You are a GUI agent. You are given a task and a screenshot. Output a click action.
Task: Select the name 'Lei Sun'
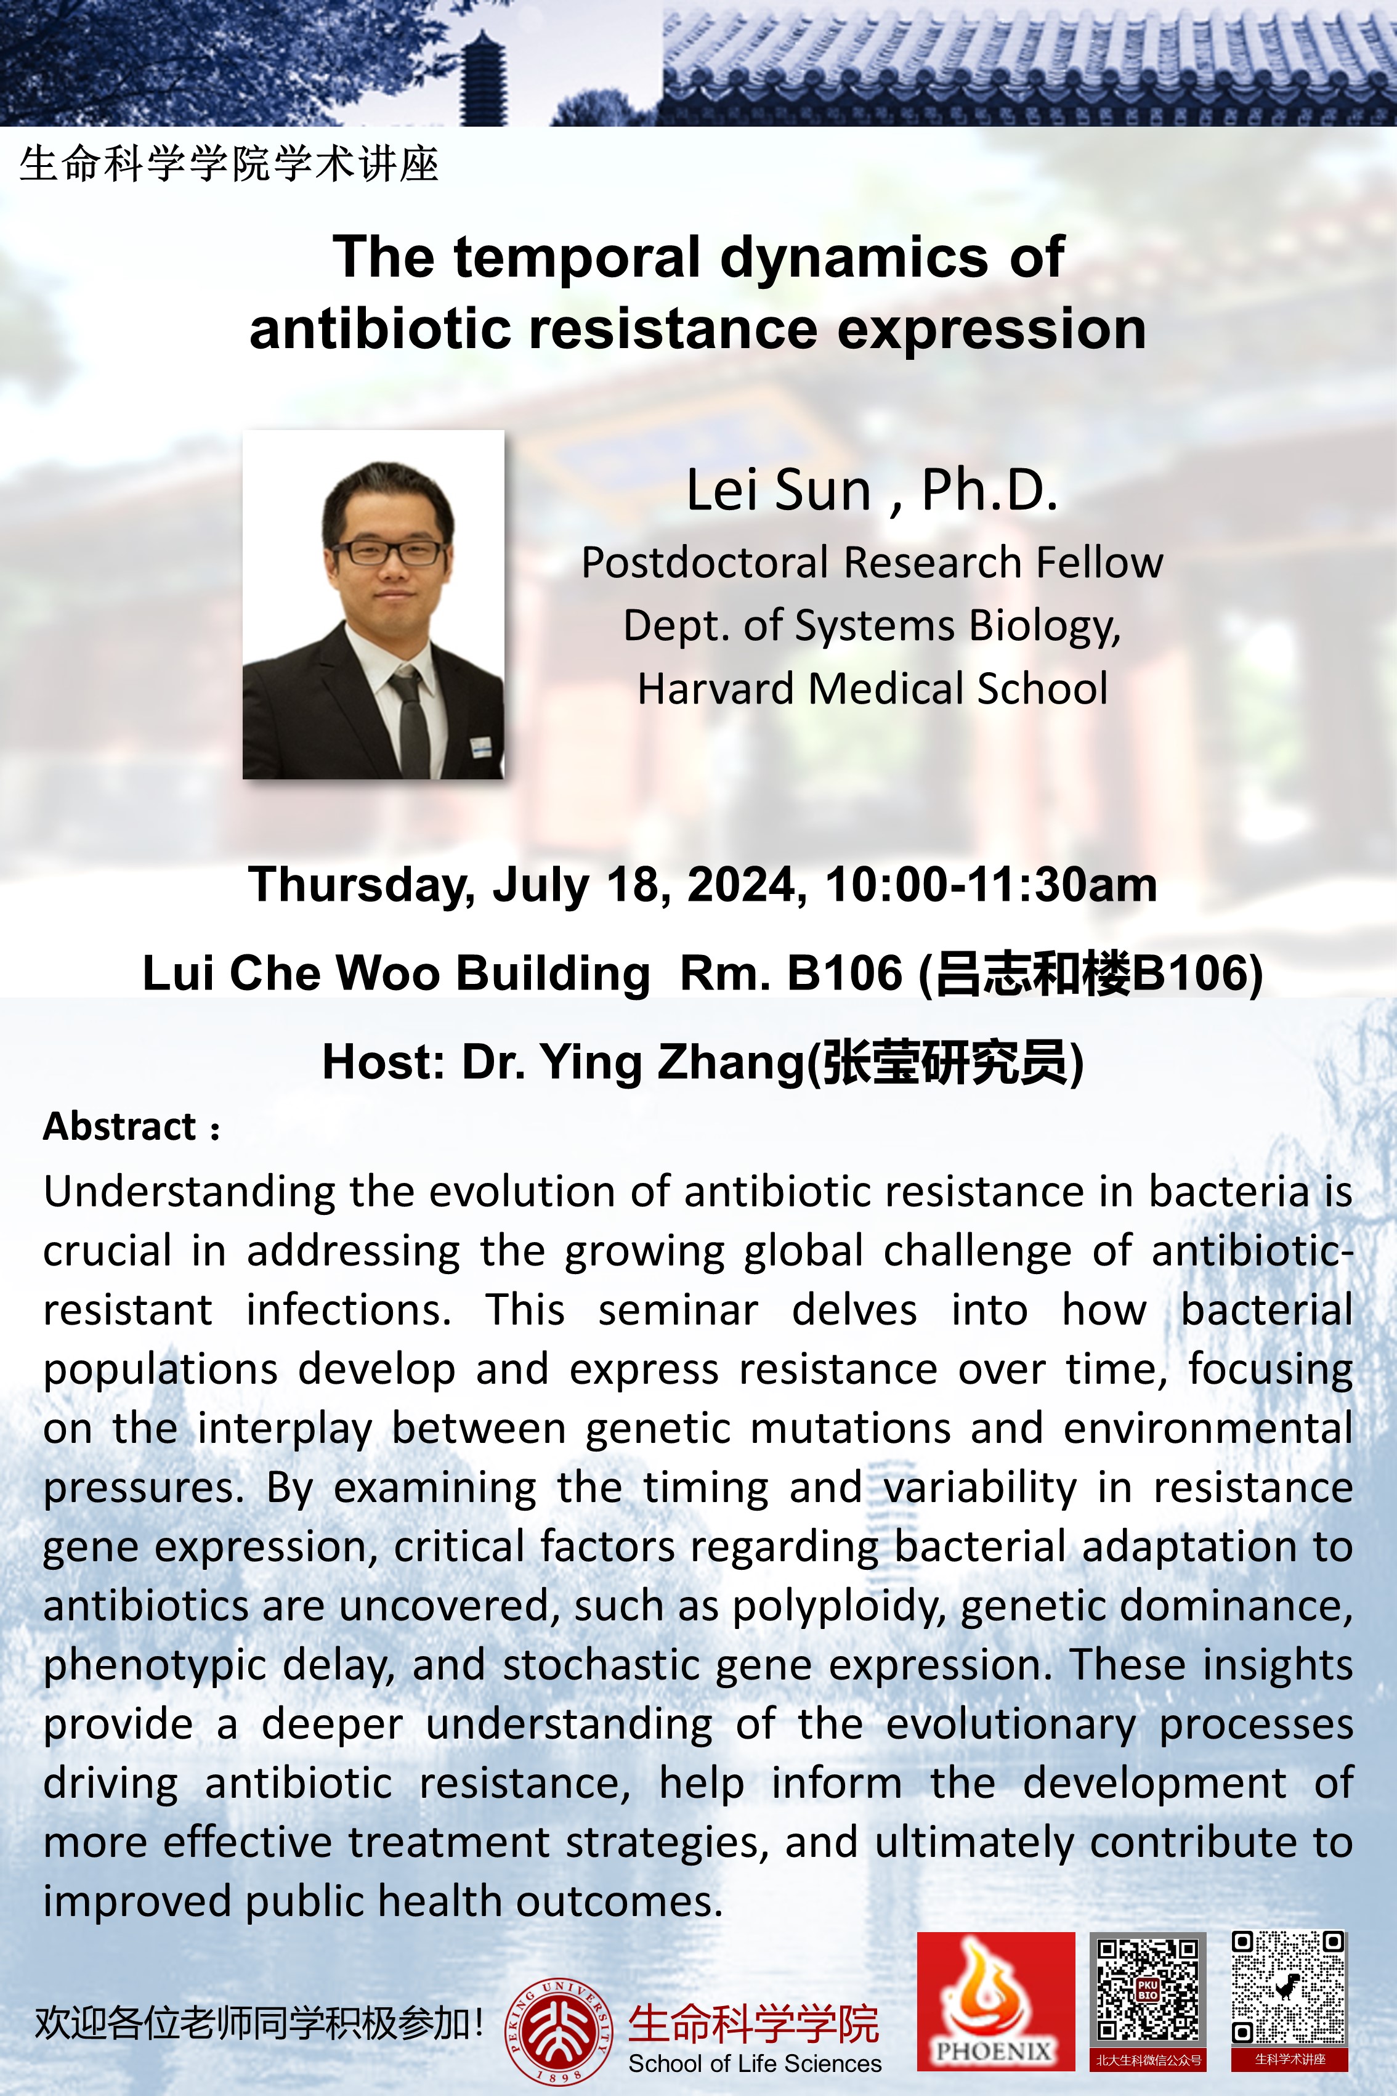click(x=778, y=490)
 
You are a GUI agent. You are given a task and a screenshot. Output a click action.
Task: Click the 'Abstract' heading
click(x=119, y=1126)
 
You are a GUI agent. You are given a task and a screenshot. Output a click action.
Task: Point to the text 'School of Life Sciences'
click(x=755, y=2064)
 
